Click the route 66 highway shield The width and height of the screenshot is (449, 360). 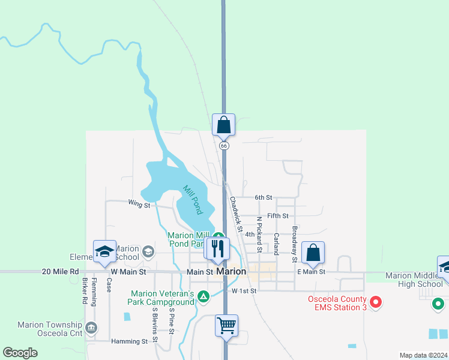(x=224, y=146)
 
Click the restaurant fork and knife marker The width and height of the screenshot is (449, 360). (x=218, y=247)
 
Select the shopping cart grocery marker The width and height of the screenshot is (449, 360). (x=226, y=326)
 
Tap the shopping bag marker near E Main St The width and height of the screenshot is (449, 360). (x=313, y=252)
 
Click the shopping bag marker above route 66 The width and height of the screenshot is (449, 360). (x=223, y=125)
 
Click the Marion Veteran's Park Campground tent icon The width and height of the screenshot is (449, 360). (x=204, y=296)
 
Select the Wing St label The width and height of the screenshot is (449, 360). (x=139, y=205)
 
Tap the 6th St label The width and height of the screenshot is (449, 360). (x=264, y=197)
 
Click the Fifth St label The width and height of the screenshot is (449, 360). (x=278, y=215)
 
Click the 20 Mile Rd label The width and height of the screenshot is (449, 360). (x=61, y=272)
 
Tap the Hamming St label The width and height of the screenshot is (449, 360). (x=129, y=341)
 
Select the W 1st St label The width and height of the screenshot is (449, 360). (x=244, y=291)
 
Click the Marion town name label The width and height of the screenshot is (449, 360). (x=231, y=272)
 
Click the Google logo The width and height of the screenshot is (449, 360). (x=20, y=353)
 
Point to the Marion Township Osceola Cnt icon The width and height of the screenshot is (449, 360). (x=91, y=328)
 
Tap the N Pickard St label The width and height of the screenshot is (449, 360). (x=259, y=235)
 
